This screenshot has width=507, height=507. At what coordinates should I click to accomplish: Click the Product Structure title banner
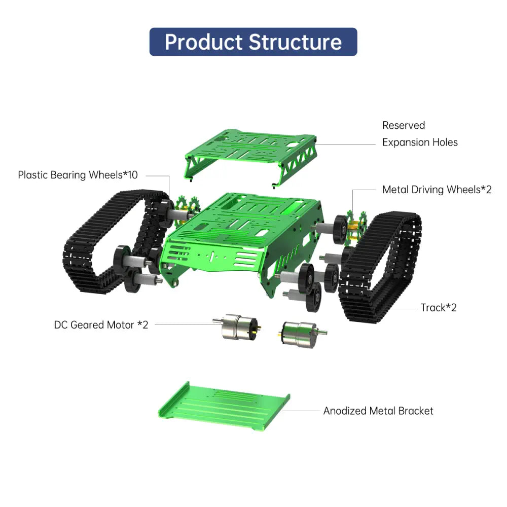coord(253,42)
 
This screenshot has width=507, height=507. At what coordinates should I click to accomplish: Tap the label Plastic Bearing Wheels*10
coord(78,175)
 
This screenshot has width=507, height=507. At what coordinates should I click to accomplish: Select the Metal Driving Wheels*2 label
coord(437,190)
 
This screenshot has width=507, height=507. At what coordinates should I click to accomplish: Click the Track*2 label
coord(438,308)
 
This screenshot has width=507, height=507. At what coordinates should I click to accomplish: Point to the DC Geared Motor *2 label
coord(101,325)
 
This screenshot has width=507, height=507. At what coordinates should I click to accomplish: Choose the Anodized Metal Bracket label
coord(378,411)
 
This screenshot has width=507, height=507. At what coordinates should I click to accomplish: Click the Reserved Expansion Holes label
coord(419,134)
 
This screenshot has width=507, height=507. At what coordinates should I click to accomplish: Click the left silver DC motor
coord(236,326)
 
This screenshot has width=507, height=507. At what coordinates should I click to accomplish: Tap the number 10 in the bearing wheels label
coord(131,175)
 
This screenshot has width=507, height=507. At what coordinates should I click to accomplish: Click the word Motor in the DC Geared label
coord(120,325)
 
